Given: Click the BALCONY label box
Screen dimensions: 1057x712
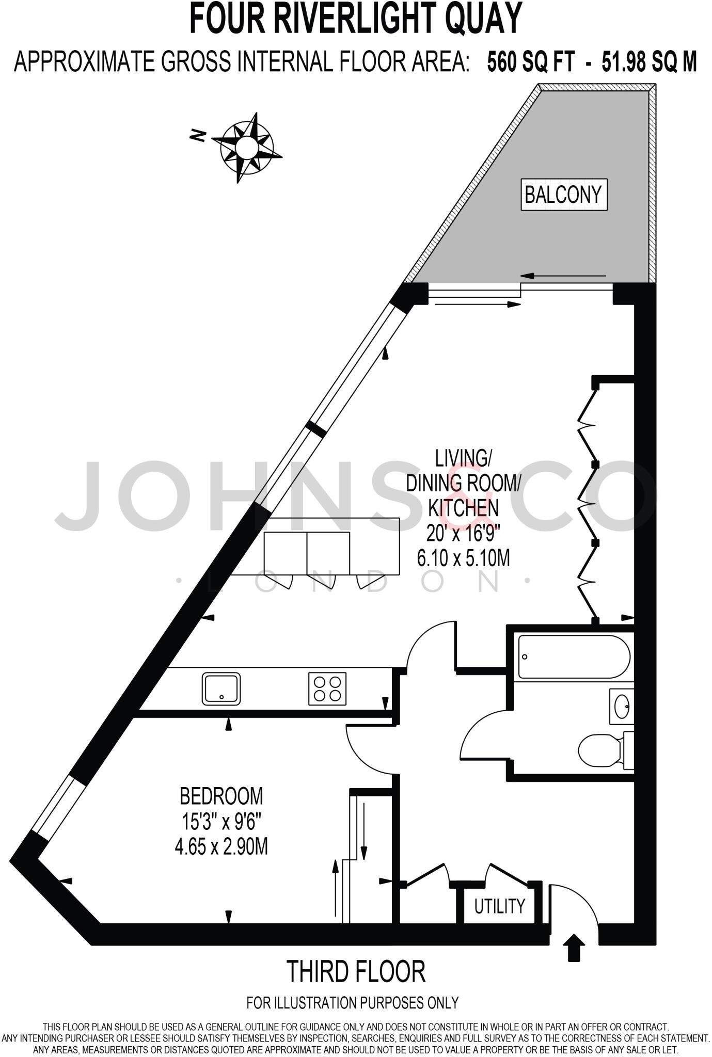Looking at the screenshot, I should (x=564, y=195).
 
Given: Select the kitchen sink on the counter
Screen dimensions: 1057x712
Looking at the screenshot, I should (x=221, y=688).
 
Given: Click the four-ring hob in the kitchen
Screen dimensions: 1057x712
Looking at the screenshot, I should (x=327, y=688).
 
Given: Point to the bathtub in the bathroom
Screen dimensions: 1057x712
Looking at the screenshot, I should (x=574, y=657).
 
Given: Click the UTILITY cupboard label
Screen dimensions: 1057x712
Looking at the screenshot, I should (x=499, y=906).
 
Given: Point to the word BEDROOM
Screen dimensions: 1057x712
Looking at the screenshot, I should (x=221, y=796).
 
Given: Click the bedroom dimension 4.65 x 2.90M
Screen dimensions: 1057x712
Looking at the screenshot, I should (x=221, y=846).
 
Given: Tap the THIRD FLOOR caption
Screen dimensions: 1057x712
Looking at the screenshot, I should (x=356, y=971).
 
